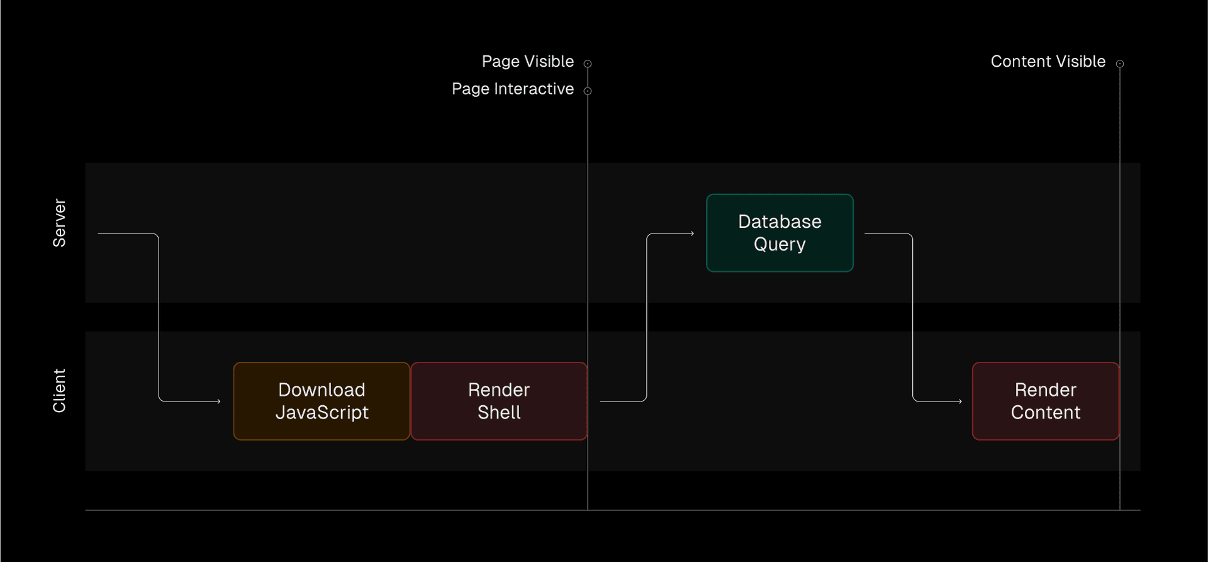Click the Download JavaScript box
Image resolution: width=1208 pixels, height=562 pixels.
coord(322,401)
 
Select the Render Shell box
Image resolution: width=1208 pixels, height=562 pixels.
coord(499,401)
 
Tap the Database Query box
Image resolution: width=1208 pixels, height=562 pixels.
coord(780,233)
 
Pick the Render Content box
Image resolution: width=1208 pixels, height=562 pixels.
coord(1046,401)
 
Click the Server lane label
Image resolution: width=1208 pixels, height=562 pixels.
coord(59,223)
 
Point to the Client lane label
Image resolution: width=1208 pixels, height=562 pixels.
coord(59,391)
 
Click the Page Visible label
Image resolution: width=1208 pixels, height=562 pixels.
coord(527,62)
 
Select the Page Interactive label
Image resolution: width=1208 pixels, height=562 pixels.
coord(512,89)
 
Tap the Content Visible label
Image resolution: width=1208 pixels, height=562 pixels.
coord(1048,62)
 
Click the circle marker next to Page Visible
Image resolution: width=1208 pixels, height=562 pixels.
coord(588,64)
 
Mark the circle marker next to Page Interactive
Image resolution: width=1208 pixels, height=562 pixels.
coord(588,91)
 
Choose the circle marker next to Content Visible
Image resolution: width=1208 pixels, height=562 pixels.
coord(1120,64)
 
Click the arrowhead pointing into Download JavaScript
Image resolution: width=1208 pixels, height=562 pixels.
coord(218,401)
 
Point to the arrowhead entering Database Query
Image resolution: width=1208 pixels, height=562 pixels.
coord(691,233)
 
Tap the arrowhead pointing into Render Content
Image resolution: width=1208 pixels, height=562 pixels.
coord(959,401)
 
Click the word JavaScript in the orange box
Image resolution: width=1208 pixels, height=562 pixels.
coord(322,413)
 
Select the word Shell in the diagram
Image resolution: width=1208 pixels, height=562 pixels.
coord(499,413)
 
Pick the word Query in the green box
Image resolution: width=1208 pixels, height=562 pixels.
coord(780,244)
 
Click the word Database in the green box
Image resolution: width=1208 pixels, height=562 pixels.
coord(780,222)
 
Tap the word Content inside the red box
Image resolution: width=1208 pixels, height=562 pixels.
coord(1046,413)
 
